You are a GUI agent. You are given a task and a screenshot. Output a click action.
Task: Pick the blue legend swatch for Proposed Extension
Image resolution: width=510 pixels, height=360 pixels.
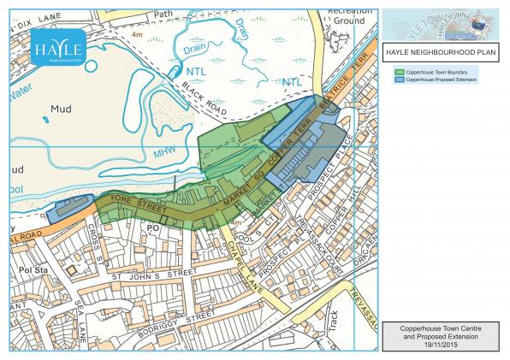pyautogui.click(x=400, y=79)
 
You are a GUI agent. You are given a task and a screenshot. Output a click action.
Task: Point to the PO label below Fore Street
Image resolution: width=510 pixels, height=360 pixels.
pyautogui.click(x=154, y=228)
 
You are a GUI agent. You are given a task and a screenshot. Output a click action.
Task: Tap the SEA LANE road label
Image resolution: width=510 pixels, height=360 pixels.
pyautogui.click(x=81, y=321)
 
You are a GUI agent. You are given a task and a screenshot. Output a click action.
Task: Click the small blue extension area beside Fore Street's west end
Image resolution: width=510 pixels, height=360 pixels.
pyautogui.click(x=67, y=208)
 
